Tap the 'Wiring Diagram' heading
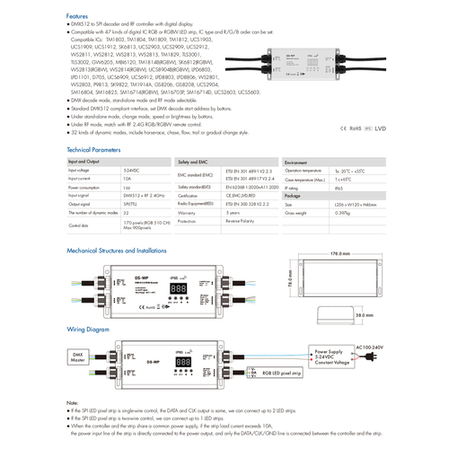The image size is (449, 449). (88, 329)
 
